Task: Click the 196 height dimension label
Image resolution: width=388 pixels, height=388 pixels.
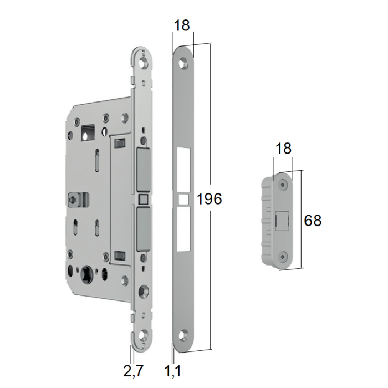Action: pos(210,199)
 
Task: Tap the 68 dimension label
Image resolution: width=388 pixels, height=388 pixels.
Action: pos(313,220)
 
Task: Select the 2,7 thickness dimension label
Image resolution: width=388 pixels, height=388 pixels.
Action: pos(134,371)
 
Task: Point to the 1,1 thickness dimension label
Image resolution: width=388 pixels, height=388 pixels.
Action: pos(173,371)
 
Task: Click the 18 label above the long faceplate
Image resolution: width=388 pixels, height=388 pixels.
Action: pos(182,25)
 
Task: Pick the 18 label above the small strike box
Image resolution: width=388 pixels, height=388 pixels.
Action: pos(283,149)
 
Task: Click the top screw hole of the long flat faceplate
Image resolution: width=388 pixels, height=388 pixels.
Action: pos(183,62)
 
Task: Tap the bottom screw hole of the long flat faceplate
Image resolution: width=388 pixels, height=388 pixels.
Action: pos(185,334)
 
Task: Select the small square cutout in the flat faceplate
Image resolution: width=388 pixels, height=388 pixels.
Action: pos(183,200)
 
